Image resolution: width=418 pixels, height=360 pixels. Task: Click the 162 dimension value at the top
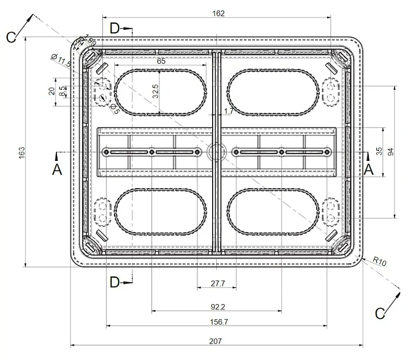[219, 14]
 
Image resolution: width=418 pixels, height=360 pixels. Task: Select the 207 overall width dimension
[215, 341]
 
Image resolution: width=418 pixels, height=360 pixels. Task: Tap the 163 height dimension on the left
[22, 153]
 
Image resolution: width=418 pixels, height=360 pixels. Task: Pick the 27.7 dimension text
[217, 283]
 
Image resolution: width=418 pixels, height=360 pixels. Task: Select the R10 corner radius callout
[379, 262]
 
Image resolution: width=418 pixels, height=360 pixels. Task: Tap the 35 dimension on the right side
[380, 151]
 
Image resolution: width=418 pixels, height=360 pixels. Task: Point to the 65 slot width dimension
[161, 61]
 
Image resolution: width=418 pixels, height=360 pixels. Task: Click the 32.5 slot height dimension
[155, 92]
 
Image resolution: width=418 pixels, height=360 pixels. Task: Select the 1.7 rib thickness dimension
[228, 111]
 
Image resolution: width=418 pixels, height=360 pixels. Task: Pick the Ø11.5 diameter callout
[61, 60]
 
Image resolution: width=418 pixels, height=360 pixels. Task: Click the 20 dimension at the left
[52, 91]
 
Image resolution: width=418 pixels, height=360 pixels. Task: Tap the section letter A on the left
[57, 169]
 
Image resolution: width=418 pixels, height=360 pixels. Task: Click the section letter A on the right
[369, 169]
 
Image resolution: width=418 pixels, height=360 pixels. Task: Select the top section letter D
[115, 28]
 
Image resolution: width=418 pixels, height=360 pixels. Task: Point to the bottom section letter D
[115, 283]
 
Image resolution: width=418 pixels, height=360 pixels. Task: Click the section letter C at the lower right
[381, 313]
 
